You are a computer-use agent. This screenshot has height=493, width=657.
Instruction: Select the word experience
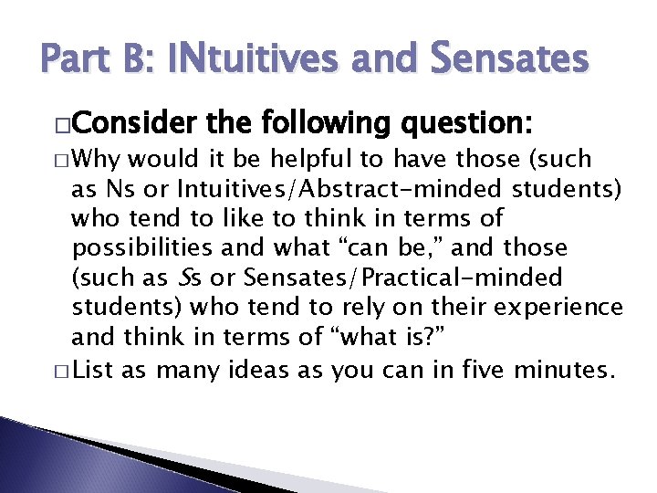565,309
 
